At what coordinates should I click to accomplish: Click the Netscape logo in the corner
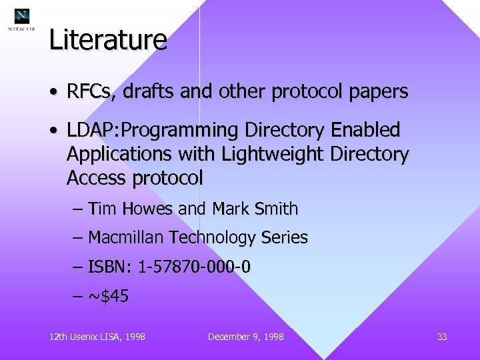point(22,20)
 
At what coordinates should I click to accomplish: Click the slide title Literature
point(108,40)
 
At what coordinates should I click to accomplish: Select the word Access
point(97,178)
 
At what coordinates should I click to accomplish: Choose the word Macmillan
point(126,237)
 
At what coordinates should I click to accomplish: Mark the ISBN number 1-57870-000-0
point(194,267)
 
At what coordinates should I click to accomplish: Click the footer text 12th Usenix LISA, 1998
point(97,337)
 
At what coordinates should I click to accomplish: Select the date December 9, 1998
point(246,337)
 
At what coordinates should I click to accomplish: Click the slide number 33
point(442,337)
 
